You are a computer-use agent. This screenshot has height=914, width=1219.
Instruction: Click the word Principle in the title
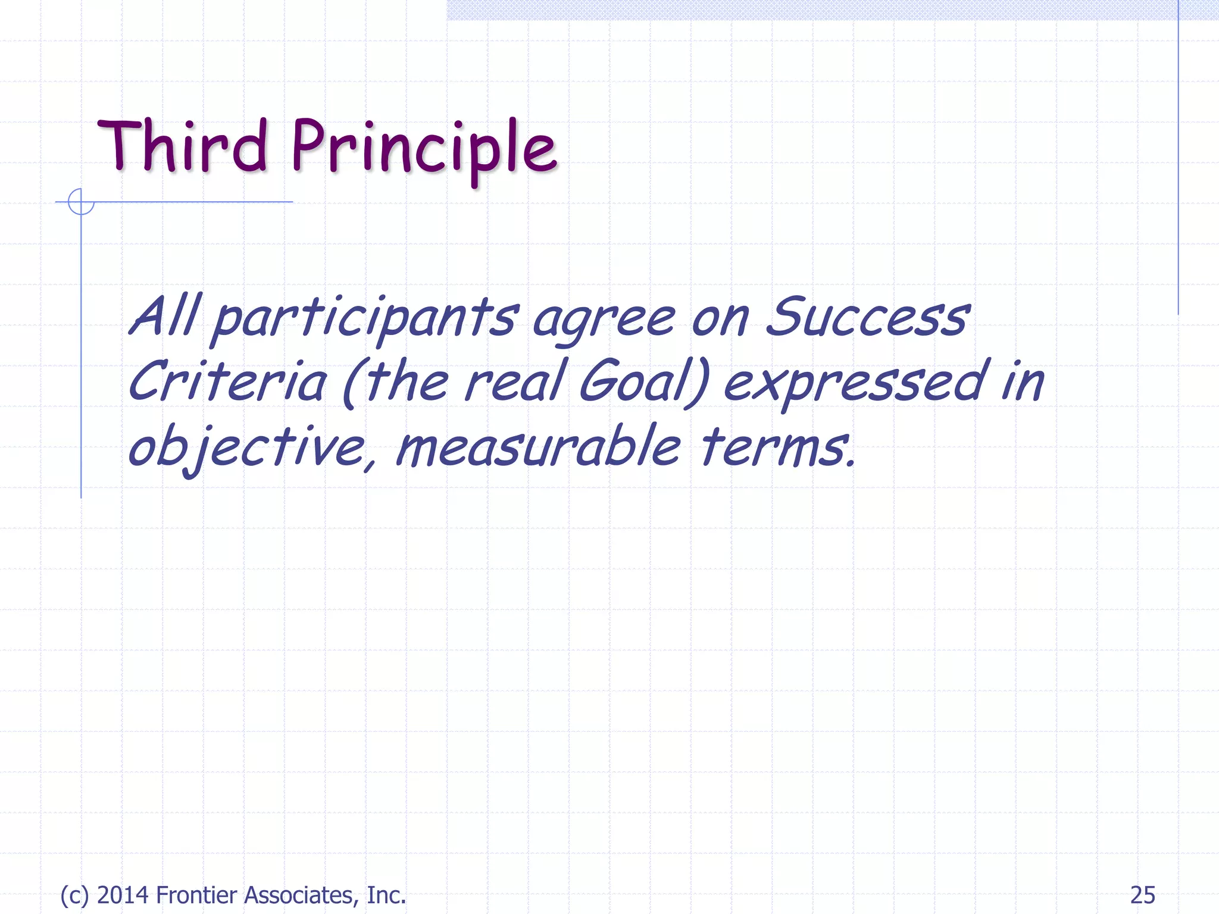(424, 148)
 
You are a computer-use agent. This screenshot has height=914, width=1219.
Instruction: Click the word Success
(867, 317)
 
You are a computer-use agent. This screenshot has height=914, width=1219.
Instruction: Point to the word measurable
(537, 446)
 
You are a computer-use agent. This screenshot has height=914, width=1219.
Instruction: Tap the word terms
(777, 446)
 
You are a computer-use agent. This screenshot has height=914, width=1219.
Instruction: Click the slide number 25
(1142, 895)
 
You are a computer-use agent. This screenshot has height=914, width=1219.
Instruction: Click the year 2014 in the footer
(123, 895)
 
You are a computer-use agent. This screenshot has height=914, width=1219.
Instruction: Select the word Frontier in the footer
(196, 895)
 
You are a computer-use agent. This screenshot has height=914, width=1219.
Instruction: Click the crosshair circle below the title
(81, 202)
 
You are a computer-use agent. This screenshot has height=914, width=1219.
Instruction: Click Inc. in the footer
(386, 895)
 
